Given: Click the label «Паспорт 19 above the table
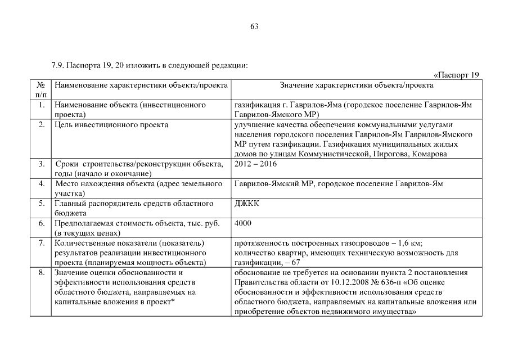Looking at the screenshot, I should click(456, 75).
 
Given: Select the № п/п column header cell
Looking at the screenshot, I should click(41, 90).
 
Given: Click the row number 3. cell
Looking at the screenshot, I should click(41, 164).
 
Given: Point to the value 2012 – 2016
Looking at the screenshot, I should click(256, 164).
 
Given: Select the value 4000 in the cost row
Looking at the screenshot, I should click(243, 223).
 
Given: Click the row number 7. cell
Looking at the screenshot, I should click(41, 243).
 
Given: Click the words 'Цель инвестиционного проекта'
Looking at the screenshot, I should click(111, 125).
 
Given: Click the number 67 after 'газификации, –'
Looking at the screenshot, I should click(295, 263).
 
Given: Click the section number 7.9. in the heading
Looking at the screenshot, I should click(58, 66).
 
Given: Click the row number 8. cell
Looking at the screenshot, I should click(41, 273).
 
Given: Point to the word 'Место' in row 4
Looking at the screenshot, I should click(66, 184).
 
